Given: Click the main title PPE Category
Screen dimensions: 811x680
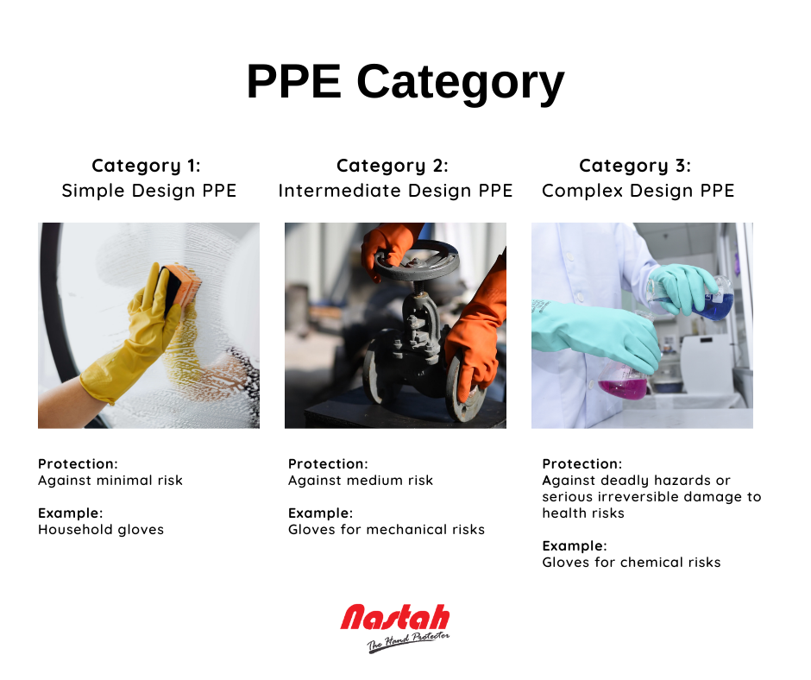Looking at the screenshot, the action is [x=405, y=82].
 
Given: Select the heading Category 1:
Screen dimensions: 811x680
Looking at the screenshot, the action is [x=146, y=166].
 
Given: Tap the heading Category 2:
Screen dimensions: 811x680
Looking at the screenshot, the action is [x=392, y=166].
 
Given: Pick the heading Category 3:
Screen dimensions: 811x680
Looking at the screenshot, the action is [x=635, y=166].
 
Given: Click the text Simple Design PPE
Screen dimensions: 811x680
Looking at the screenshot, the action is [x=149, y=191].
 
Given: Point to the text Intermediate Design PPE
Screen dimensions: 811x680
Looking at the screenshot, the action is [x=395, y=191].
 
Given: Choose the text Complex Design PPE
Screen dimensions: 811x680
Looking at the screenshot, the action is [x=638, y=191].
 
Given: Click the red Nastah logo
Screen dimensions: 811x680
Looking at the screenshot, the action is [x=395, y=617].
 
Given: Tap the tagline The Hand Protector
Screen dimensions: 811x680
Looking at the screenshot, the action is [x=408, y=642].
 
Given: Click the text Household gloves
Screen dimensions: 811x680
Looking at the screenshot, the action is [x=101, y=529].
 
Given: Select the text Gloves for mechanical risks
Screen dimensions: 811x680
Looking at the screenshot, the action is [x=387, y=529].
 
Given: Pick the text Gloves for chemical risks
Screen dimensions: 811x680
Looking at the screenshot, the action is [x=632, y=562].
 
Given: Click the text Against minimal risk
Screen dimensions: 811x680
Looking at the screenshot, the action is [x=110, y=481].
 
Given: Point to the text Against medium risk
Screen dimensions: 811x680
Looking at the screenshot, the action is [x=361, y=481].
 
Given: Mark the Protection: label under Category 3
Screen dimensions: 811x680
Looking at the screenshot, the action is [x=582, y=463].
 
